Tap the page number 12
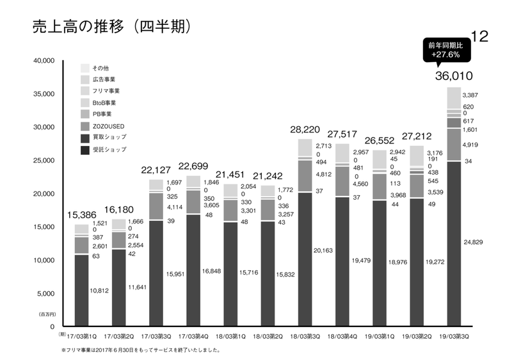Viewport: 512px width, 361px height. click(x=479, y=36)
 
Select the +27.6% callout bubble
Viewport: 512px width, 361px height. click(x=449, y=51)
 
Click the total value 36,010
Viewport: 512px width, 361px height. click(x=453, y=76)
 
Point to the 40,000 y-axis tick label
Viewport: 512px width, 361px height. click(x=44, y=61)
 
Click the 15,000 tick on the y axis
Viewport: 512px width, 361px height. click(x=44, y=227)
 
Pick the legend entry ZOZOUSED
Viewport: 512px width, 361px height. click(x=109, y=125)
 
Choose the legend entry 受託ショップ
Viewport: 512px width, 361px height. click(x=109, y=149)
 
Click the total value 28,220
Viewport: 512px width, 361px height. click(x=305, y=129)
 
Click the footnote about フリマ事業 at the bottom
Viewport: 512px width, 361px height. click(x=141, y=350)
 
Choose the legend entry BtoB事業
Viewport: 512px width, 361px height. click(x=104, y=102)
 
